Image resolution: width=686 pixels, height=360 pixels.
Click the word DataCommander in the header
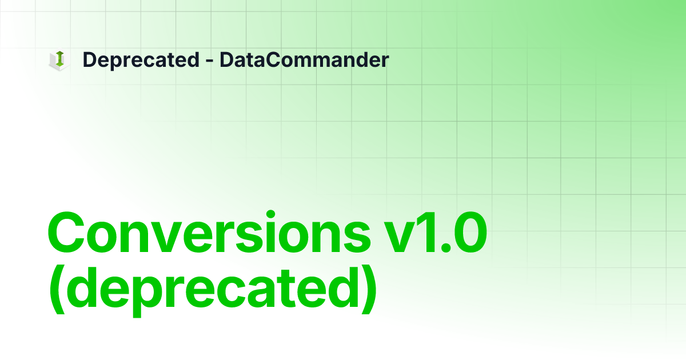tap(304, 60)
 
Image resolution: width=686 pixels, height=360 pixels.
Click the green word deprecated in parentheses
tap(212, 290)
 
